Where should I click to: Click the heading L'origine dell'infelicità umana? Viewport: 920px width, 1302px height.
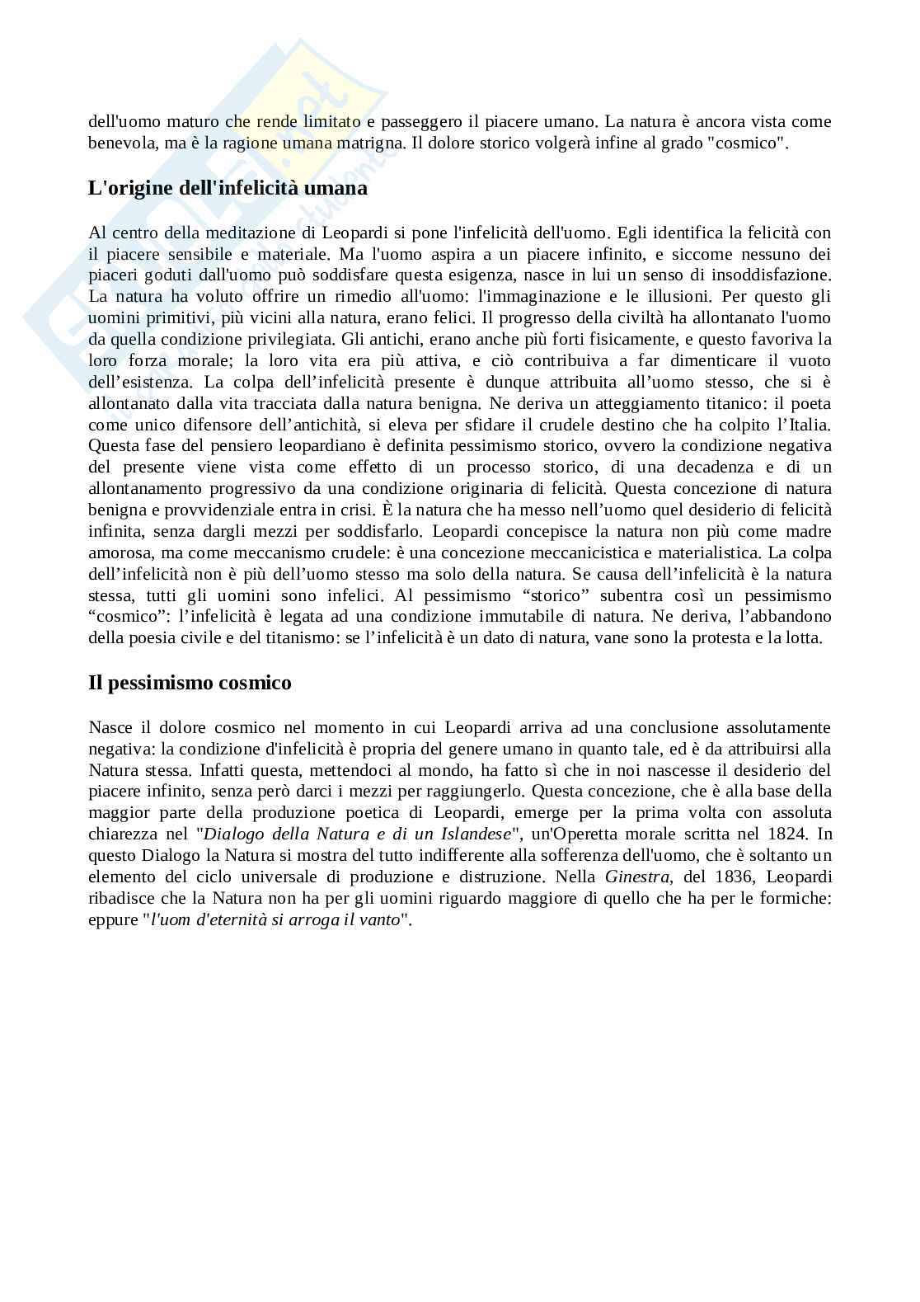tap(228, 188)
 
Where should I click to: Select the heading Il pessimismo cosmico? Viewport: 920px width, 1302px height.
tap(190, 683)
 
